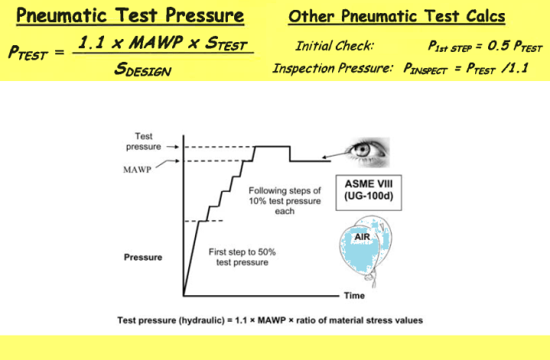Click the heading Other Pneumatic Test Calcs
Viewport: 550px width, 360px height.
[x=396, y=17]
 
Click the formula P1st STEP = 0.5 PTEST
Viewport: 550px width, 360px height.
[x=485, y=47]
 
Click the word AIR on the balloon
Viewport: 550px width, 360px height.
[x=362, y=238]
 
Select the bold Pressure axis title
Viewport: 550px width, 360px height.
[x=142, y=258]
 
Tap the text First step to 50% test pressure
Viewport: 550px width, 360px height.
[x=239, y=257]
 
